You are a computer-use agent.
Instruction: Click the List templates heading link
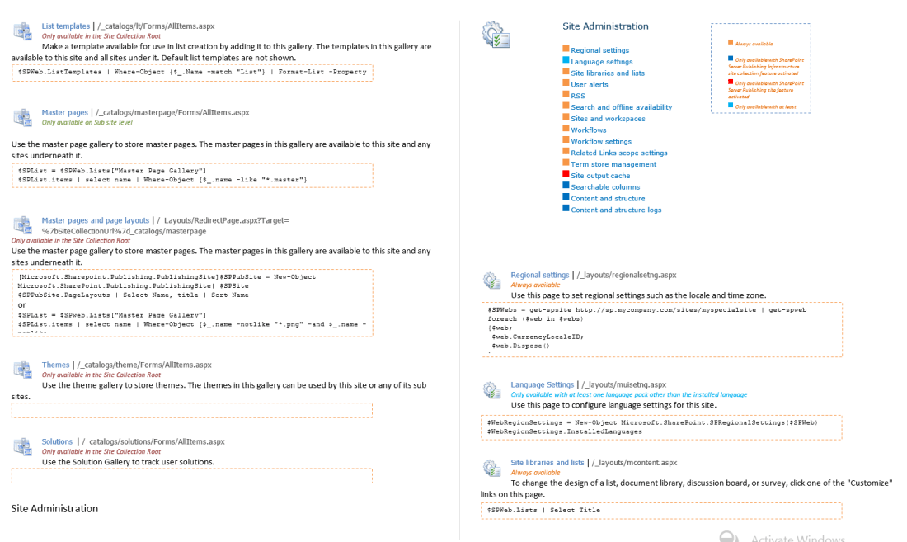pyautogui.click(x=66, y=26)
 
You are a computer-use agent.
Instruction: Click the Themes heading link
pyautogui.click(x=56, y=365)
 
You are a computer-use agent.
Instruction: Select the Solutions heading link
pyautogui.click(x=59, y=441)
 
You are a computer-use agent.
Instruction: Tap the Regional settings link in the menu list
pyautogui.click(x=599, y=50)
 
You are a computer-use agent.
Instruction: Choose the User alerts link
pyautogui.click(x=590, y=84)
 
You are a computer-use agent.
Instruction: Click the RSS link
pyautogui.click(x=578, y=96)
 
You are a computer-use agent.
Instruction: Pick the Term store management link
pyautogui.click(x=613, y=164)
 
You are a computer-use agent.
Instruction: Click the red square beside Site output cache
pyautogui.click(x=566, y=174)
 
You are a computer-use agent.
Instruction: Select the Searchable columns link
pyautogui.click(x=605, y=187)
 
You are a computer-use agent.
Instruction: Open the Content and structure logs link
pyautogui.click(x=616, y=210)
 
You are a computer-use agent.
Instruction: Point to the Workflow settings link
pyautogui.click(x=601, y=141)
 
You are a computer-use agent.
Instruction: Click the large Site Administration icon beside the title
pyautogui.click(x=496, y=35)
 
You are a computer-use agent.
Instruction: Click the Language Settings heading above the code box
pyautogui.click(x=542, y=384)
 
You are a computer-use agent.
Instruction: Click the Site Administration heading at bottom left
pyautogui.click(x=54, y=508)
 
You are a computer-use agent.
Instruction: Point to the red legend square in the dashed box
pyautogui.click(x=731, y=82)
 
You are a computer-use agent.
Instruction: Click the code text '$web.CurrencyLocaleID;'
pyautogui.click(x=532, y=337)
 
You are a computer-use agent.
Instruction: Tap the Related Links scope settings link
pyautogui.click(x=618, y=153)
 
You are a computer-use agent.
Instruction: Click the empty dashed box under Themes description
pyautogui.click(x=191, y=410)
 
